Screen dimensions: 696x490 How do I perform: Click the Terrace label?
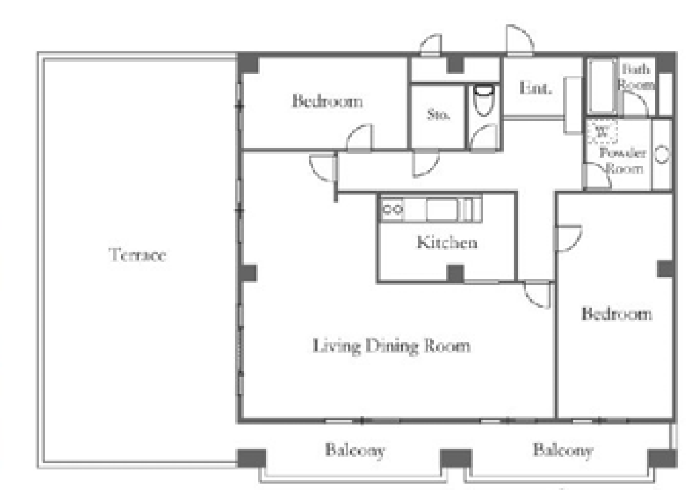tap(138, 255)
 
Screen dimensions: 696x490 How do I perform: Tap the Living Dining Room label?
tap(391, 346)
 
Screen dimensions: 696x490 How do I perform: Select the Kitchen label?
tap(447, 242)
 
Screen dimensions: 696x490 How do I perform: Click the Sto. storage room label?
tap(438, 114)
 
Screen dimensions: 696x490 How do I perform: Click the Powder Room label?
tap(623, 161)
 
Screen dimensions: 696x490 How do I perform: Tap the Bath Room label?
tap(636, 77)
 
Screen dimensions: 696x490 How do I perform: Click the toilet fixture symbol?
tap(484, 100)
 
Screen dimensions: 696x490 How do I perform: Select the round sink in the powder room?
tap(662, 154)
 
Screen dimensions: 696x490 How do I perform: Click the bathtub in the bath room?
tap(602, 85)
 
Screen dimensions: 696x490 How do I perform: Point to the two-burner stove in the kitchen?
tap(393, 209)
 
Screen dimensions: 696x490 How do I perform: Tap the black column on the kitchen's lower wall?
tap(456, 273)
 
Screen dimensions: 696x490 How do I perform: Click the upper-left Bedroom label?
tap(327, 101)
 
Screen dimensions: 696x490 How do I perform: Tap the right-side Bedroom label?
tap(617, 314)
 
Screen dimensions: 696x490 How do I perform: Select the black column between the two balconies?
tap(456, 458)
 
